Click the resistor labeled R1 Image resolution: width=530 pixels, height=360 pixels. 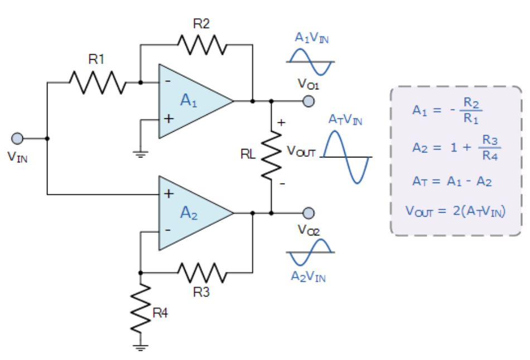tap(97, 83)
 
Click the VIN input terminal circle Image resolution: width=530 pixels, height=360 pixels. tap(18, 138)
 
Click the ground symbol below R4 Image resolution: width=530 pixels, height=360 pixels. tap(141, 347)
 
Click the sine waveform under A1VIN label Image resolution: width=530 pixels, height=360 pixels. tap(310, 61)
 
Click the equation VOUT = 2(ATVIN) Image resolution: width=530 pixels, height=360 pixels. tap(456, 212)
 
